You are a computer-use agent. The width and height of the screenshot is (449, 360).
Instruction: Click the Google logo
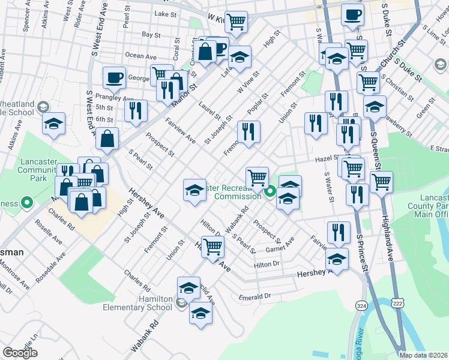(20, 352)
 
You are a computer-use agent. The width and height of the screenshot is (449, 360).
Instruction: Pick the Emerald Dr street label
(255, 296)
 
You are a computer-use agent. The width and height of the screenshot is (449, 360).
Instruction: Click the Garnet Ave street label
(281, 245)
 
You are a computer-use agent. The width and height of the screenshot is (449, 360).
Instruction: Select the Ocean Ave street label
(142, 56)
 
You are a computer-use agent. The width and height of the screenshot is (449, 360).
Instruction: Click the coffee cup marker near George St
(114, 77)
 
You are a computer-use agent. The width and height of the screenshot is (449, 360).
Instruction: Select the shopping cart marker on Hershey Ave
(212, 246)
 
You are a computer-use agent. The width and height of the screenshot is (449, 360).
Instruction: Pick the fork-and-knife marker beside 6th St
(136, 110)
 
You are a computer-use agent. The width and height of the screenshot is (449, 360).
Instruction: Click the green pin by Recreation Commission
(270, 192)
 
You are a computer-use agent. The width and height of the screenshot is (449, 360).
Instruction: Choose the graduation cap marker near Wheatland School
(53, 124)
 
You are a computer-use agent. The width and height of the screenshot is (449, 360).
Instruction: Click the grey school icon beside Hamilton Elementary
(181, 304)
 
